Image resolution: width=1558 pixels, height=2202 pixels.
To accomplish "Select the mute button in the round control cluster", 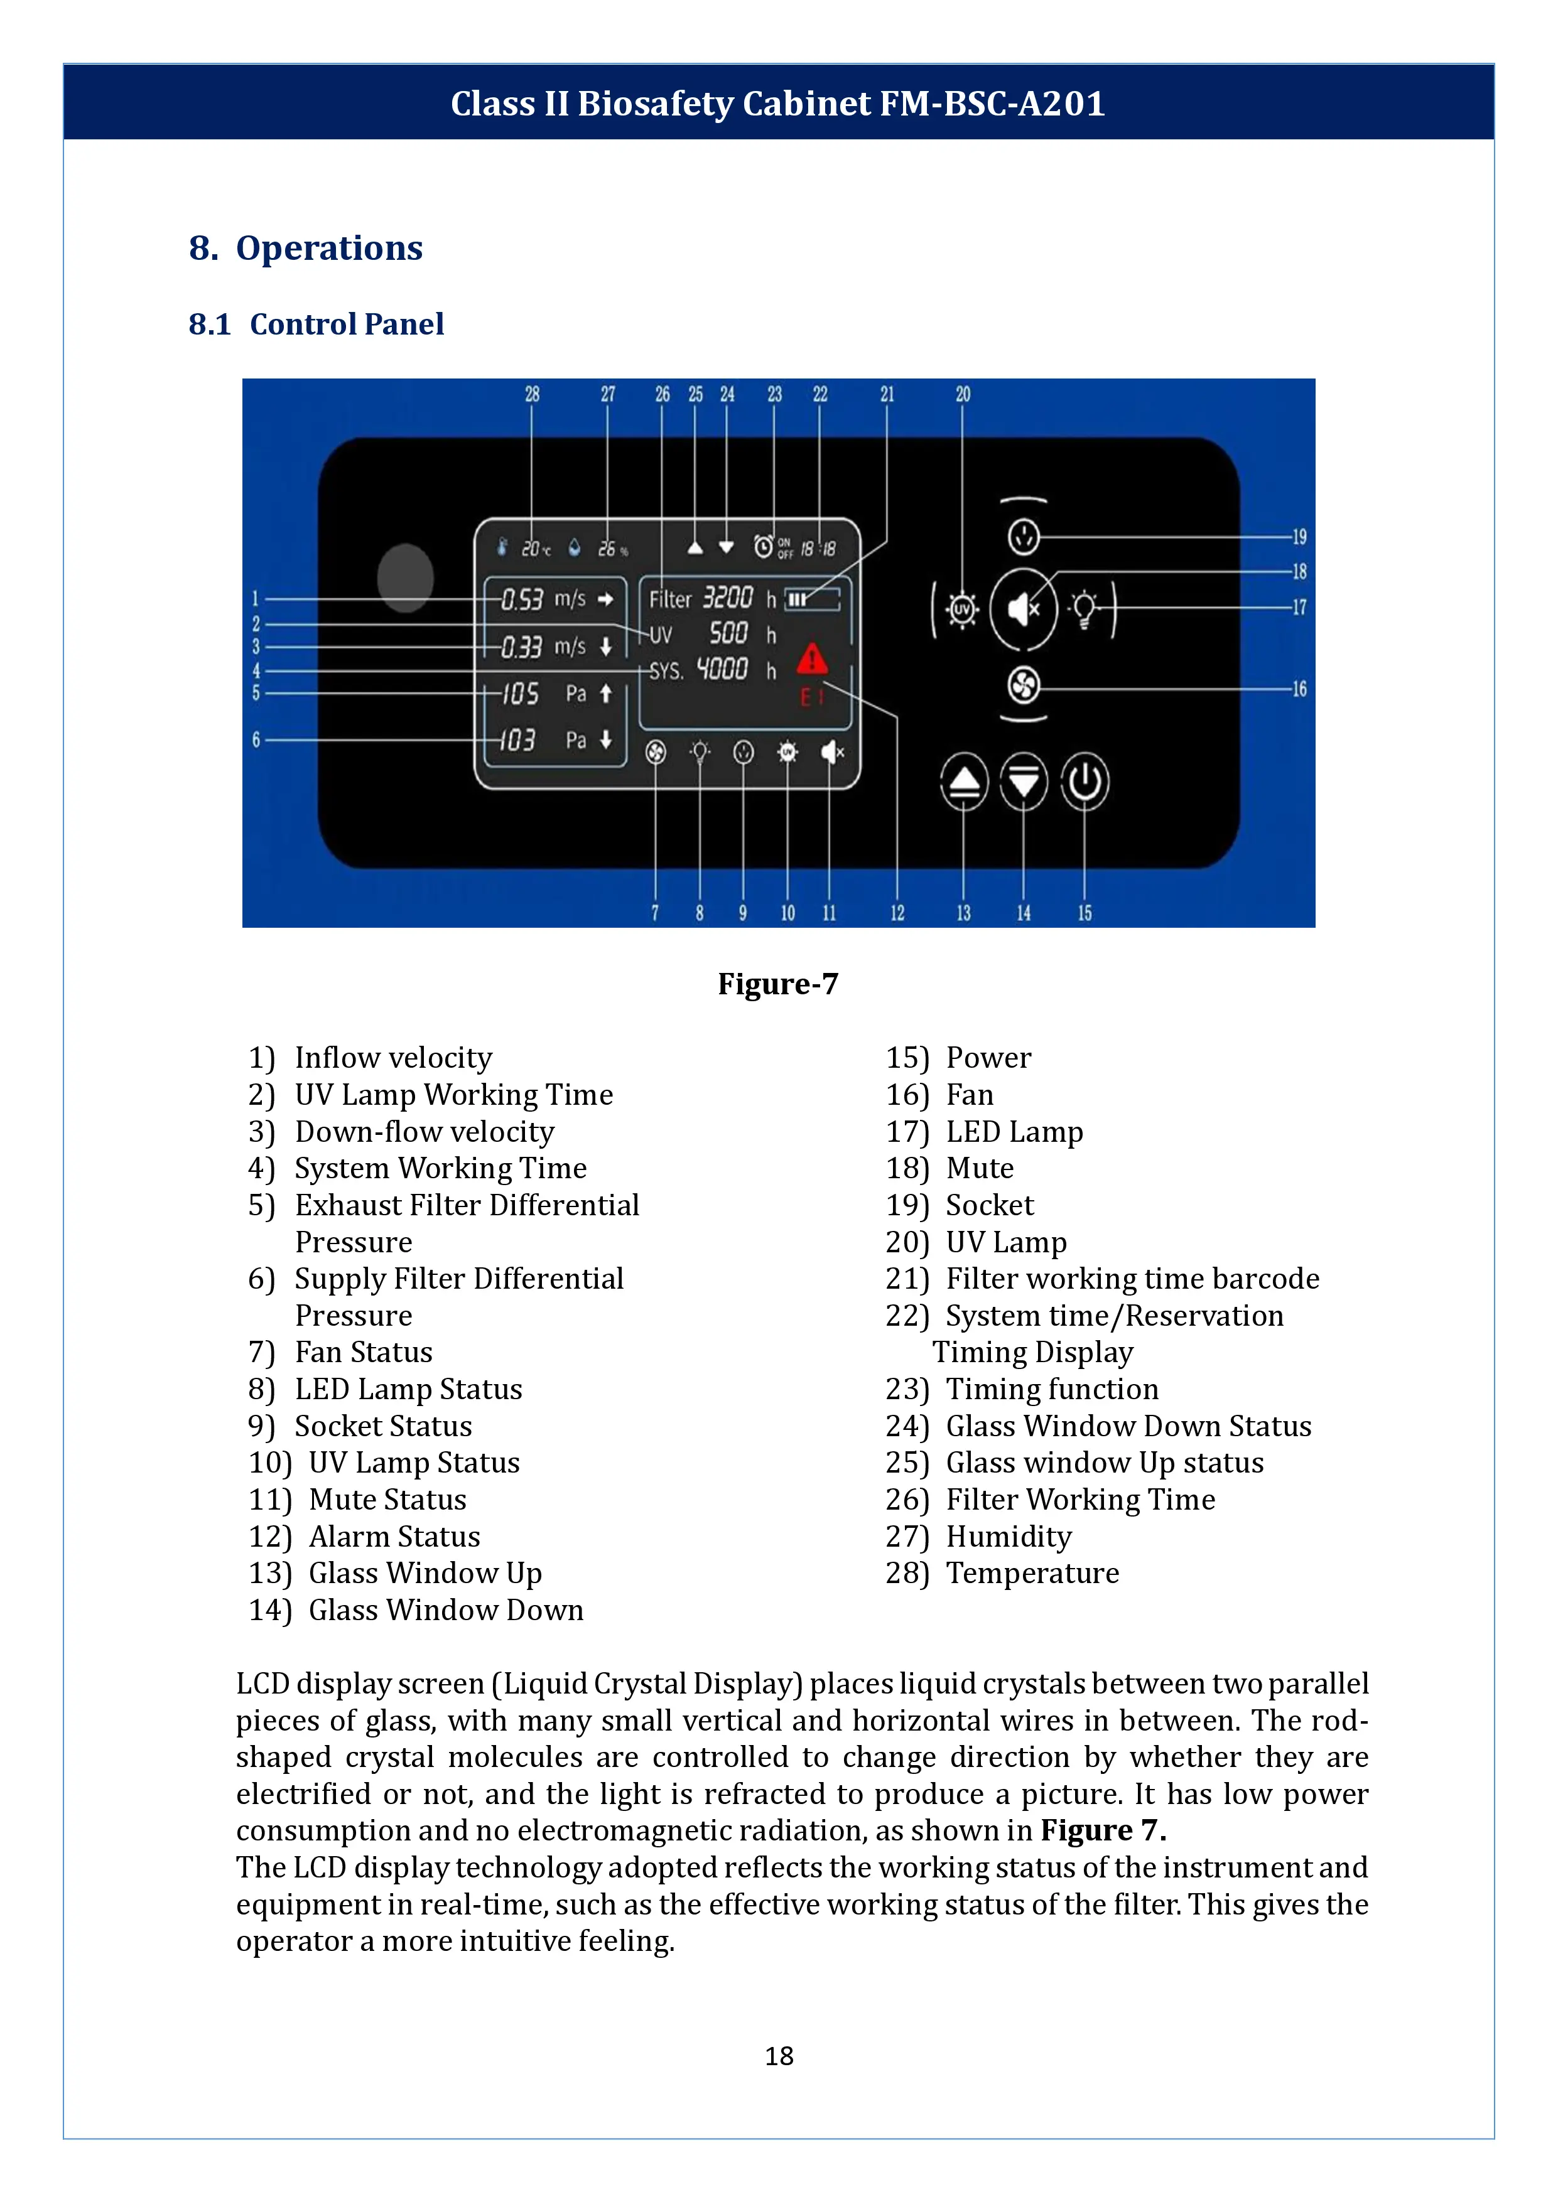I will point(1024,608).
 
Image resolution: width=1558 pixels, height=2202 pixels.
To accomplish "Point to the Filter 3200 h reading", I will point(712,598).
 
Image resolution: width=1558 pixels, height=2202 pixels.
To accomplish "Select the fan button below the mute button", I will point(1024,685).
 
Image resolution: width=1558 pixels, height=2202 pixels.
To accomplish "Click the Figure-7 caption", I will point(778,984).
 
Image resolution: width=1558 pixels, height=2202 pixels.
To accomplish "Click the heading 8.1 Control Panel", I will point(316,324).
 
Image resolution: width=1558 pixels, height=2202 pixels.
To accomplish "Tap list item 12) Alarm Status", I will point(365,1537).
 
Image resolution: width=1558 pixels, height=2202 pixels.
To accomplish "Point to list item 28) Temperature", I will point(1002,1573).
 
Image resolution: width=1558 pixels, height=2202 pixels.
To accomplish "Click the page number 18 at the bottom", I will point(779,2055).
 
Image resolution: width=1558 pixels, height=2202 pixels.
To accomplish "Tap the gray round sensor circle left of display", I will point(405,577).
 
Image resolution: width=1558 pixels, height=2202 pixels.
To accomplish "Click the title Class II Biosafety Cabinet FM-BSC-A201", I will point(778,102).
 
